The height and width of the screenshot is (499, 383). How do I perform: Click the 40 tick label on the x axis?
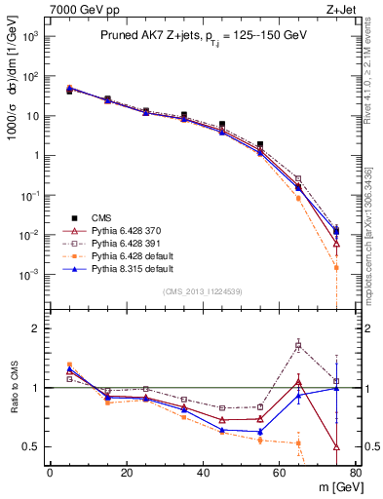(203, 474)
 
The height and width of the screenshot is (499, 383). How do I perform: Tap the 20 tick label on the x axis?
(126, 474)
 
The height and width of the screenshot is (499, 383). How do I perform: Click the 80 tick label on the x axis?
(356, 474)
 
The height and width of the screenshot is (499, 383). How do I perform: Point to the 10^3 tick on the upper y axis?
(30, 37)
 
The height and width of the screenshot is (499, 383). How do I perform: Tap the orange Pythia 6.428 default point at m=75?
(336, 267)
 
